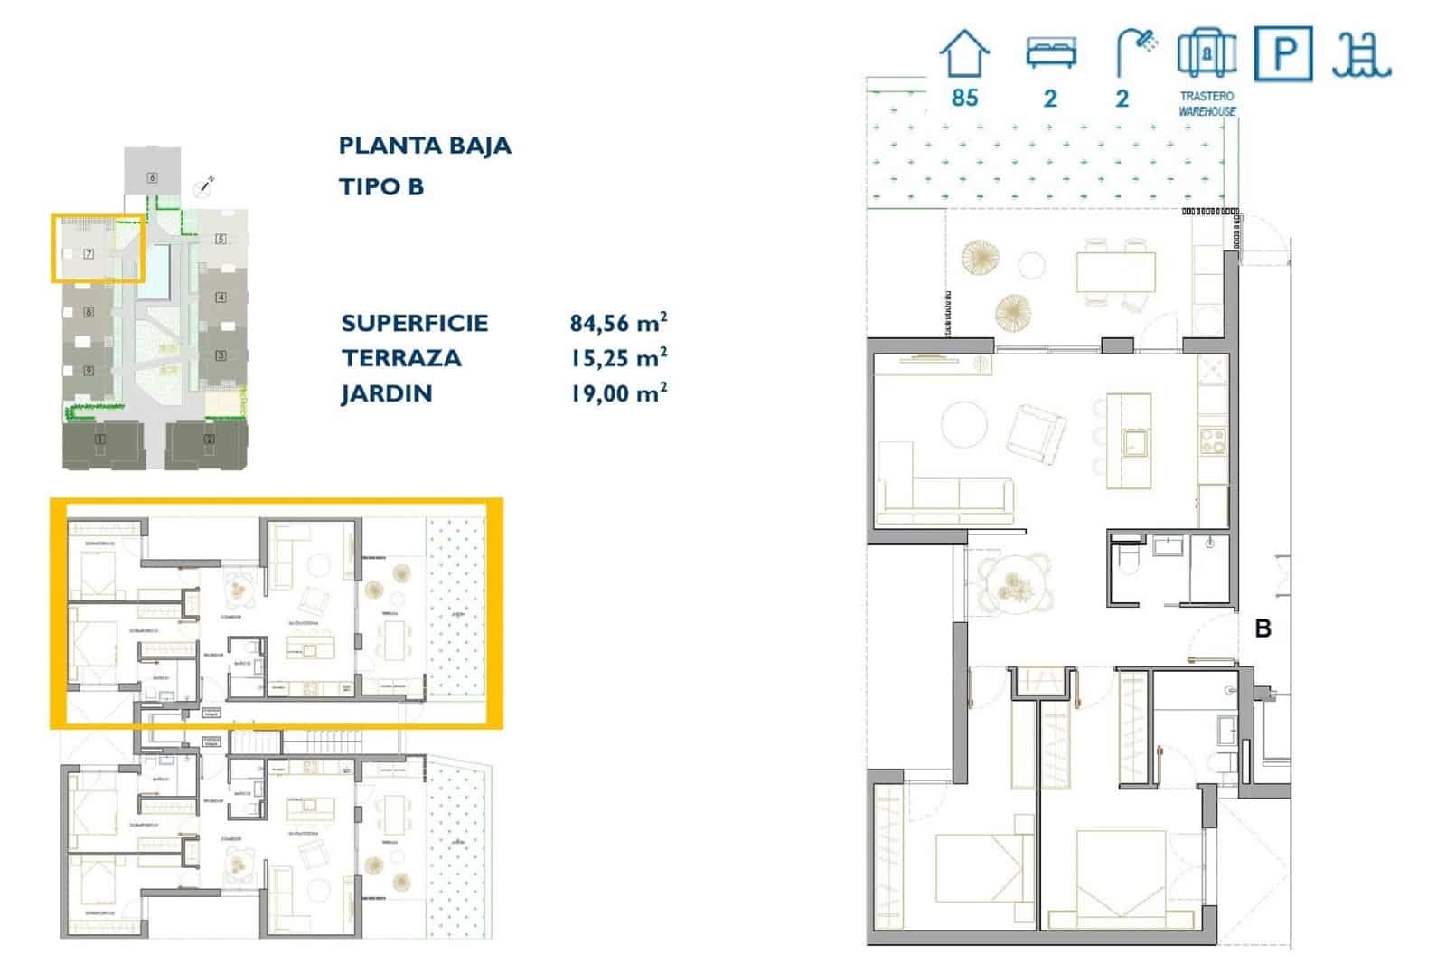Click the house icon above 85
[x=964, y=53]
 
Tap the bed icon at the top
[x=1050, y=52]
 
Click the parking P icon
[x=1282, y=53]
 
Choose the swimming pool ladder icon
[x=1361, y=54]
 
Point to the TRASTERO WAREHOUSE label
[x=1207, y=103]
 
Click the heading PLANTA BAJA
[x=425, y=146]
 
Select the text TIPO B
[x=380, y=186]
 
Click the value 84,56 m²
[x=618, y=323]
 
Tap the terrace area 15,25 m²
[x=618, y=358]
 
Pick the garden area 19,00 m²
[x=618, y=393]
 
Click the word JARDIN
[x=387, y=393]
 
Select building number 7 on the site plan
[x=89, y=254]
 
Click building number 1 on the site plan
[x=100, y=439]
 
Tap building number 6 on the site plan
[x=152, y=177]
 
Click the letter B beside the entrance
[x=1263, y=628]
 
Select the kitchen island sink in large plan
[x=1133, y=441]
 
